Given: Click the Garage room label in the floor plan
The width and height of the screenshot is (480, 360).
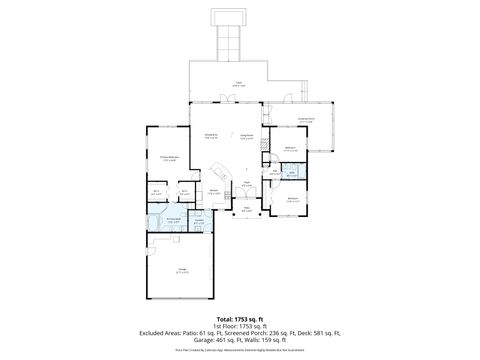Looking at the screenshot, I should (x=183, y=271).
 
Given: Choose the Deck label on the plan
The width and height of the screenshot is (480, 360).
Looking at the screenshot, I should (x=239, y=84).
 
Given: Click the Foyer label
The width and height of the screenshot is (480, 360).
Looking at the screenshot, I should (x=246, y=183).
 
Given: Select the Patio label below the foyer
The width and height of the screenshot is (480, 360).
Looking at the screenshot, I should (x=246, y=209).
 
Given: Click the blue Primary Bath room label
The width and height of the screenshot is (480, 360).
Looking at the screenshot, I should (x=173, y=221).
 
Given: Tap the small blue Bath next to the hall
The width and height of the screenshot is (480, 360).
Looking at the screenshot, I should (x=292, y=173).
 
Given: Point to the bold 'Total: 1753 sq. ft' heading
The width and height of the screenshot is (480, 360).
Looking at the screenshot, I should (x=239, y=319).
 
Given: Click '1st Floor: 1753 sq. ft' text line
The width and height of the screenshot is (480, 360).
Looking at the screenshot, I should (x=239, y=327).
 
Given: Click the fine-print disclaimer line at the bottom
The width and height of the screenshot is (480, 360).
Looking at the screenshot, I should (x=239, y=351).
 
